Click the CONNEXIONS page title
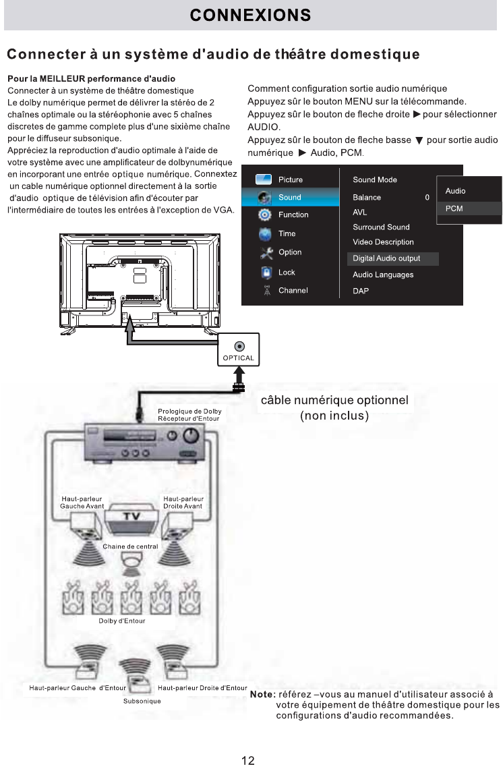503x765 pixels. [250, 15]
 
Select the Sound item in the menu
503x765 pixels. [289, 197]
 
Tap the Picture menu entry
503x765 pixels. [290, 179]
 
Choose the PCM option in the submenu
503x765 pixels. [454, 208]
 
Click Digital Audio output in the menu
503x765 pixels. [386, 258]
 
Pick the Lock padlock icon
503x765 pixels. [266, 273]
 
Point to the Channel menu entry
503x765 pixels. [293, 290]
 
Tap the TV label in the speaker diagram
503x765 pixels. [130, 516]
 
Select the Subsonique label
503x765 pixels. [142, 701]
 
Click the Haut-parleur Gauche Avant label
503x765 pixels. [82, 503]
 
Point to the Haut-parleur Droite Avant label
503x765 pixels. [182, 503]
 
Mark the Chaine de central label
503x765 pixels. [130, 546]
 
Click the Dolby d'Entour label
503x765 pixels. [122, 621]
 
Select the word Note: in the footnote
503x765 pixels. [262, 694]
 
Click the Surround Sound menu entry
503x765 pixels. [381, 227]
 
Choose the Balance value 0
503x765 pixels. [427, 198]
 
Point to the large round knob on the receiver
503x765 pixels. [192, 436]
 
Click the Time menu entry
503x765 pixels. [287, 233]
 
